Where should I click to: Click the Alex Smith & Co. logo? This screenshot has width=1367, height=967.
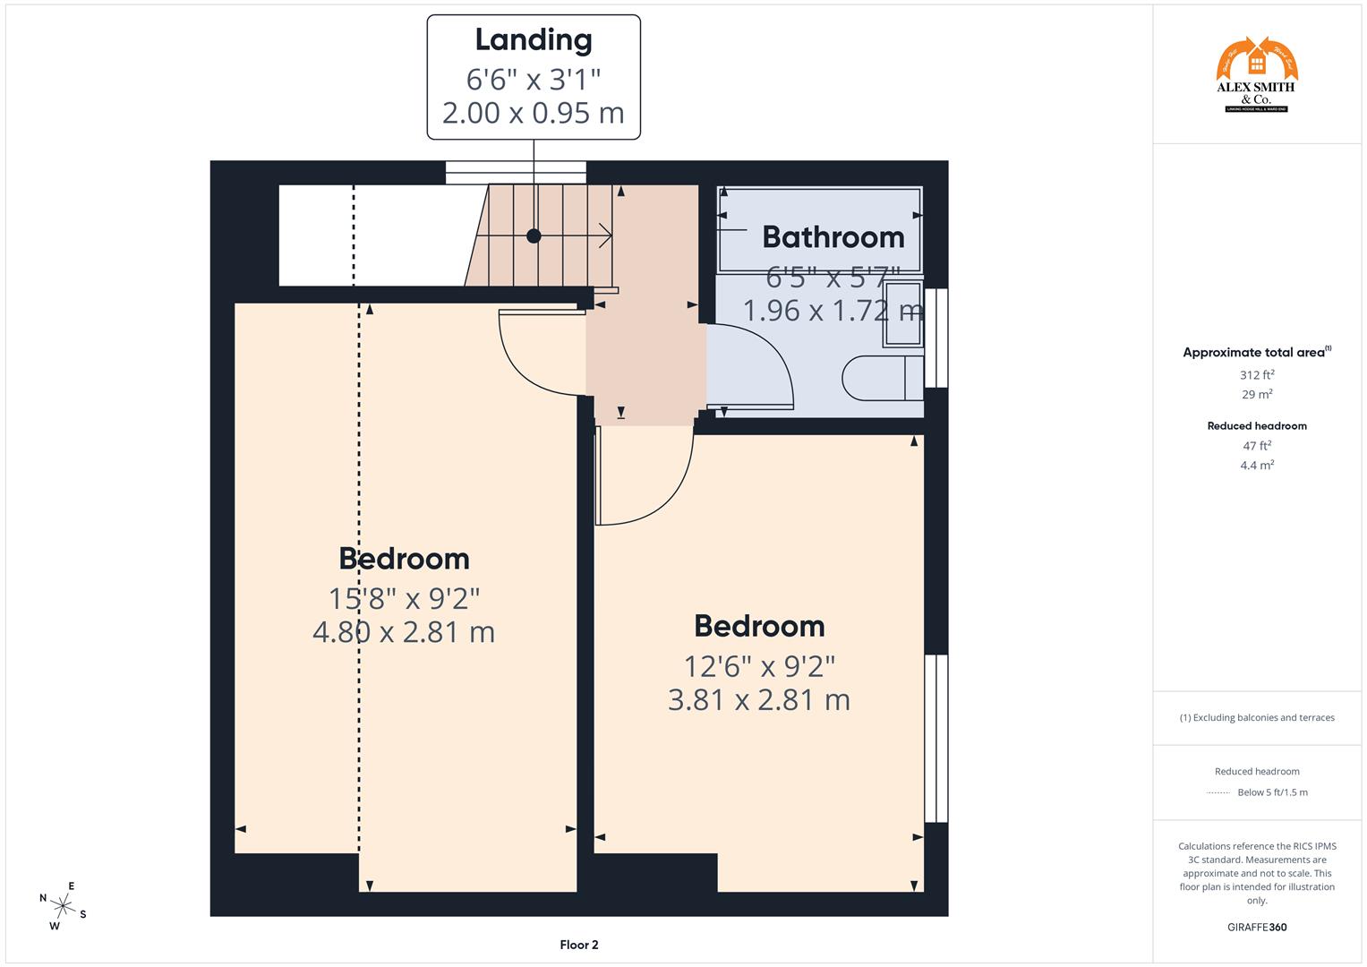coord(1256,75)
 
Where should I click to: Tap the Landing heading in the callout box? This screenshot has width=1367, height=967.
coord(534,40)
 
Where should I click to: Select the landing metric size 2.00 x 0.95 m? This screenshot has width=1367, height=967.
coord(534,114)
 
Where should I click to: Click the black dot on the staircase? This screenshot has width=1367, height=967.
coord(534,236)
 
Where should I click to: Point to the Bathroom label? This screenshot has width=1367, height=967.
coord(833,237)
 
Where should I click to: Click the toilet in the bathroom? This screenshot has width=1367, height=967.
coord(881,378)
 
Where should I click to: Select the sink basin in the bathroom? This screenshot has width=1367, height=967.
coord(903,313)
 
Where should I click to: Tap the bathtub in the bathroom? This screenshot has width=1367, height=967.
coord(820,228)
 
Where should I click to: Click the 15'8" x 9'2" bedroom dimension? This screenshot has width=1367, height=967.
coord(404,597)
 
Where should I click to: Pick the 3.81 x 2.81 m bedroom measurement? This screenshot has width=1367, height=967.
coord(758,700)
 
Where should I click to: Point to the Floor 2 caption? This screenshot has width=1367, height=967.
coord(578,945)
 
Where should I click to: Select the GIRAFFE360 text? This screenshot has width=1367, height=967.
coord(1256,927)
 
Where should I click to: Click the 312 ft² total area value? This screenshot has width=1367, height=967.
coord(1256,375)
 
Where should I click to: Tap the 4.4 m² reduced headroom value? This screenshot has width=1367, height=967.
coord(1256,465)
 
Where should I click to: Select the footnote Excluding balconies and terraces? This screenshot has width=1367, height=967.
coord(1256,717)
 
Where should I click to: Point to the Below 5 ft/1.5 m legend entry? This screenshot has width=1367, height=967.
coord(1271,792)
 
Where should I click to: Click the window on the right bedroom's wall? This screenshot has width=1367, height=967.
coord(936,738)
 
